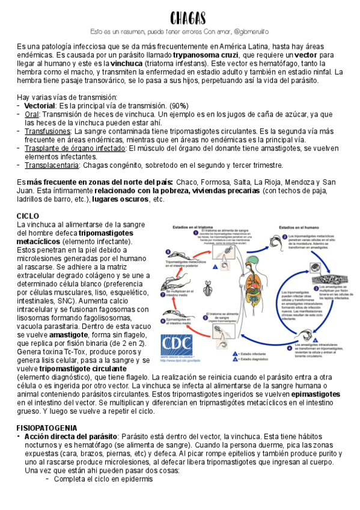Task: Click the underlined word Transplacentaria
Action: click(52, 165)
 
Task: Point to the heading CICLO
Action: click(28, 215)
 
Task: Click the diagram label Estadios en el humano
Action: click(299, 227)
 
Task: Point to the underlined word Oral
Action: click(31, 114)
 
